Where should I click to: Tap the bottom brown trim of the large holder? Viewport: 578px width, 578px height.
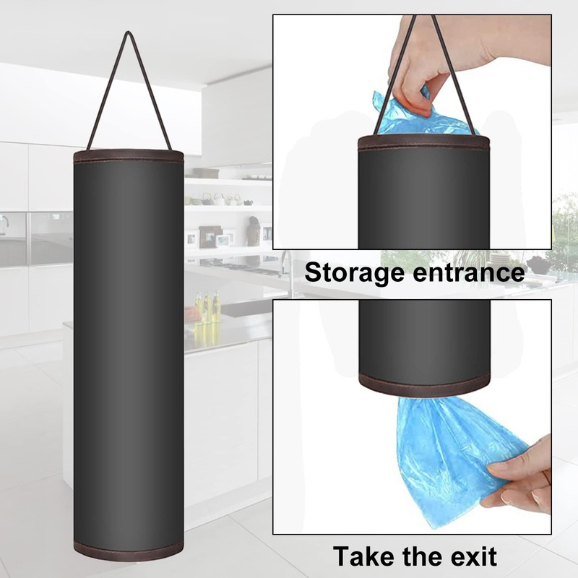(129, 552)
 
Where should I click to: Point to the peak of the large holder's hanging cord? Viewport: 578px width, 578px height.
(129, 34)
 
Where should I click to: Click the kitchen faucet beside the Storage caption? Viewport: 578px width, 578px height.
(289, 271)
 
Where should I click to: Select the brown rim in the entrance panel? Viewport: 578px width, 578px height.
(423, 142)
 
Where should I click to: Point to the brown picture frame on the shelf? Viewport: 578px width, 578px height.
(210, 236)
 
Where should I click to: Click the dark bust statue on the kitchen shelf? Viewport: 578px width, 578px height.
(254, 231)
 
